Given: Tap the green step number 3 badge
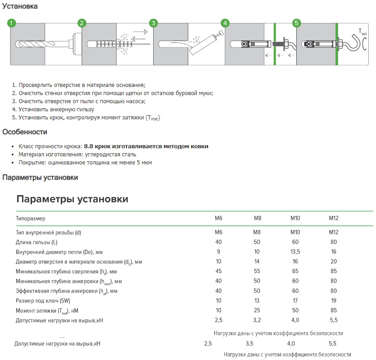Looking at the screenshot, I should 153,23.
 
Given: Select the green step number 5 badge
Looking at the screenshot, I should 296,23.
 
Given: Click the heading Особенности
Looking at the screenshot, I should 25,132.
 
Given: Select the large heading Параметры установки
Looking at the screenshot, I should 72,199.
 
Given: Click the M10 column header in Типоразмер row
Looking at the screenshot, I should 295,218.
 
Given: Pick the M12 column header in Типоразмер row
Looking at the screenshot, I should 333,218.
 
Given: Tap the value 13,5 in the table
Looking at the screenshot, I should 295,252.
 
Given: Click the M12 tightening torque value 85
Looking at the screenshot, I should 333,311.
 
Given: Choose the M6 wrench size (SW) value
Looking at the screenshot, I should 219,301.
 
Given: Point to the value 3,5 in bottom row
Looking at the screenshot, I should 249,344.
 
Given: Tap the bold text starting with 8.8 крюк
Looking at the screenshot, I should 146,146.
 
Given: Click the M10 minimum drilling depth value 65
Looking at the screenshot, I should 295,271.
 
